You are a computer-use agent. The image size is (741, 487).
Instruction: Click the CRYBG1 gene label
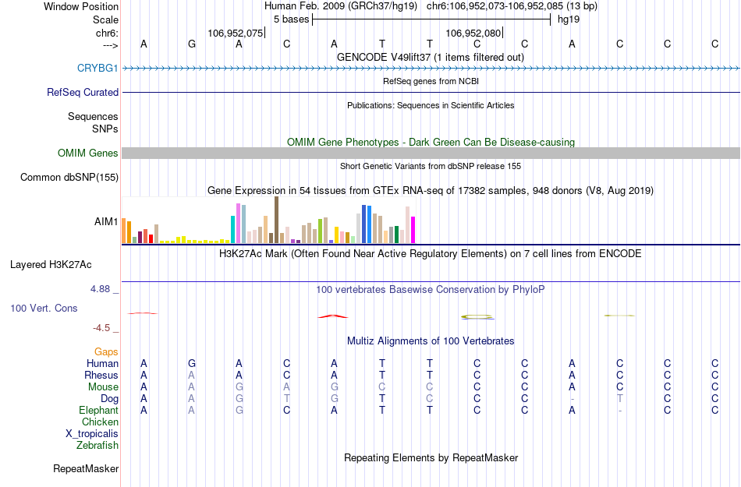click(97, 68)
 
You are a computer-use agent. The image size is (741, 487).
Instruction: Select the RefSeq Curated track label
click(83, 92)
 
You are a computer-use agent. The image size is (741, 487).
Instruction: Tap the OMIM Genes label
click(88, 153)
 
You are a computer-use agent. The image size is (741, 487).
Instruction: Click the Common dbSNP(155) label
click(69, 177)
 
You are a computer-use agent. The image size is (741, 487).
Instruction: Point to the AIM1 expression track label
click(106, 222)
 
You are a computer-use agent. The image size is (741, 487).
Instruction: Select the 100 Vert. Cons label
click(44, 309)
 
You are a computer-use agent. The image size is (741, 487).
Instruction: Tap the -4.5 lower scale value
click(102, 328)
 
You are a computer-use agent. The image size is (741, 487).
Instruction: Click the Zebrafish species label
click(97, 446)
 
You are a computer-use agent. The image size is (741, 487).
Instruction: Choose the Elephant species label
click(98, 411)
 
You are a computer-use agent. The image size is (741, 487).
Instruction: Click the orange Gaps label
click(106, 352)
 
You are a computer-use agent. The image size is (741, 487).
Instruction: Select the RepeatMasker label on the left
click(86, 469)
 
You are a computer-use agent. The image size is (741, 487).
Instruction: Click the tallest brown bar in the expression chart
click(277, 220)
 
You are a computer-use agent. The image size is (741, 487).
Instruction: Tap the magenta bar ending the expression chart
click(413, 229)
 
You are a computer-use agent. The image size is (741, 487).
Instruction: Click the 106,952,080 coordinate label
click(473, 34)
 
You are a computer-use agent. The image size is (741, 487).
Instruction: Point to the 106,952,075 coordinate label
click(236, 34)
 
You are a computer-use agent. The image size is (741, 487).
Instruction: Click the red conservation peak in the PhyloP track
click(333, 316)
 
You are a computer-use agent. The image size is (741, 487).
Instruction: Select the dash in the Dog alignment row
click(573, 399)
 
